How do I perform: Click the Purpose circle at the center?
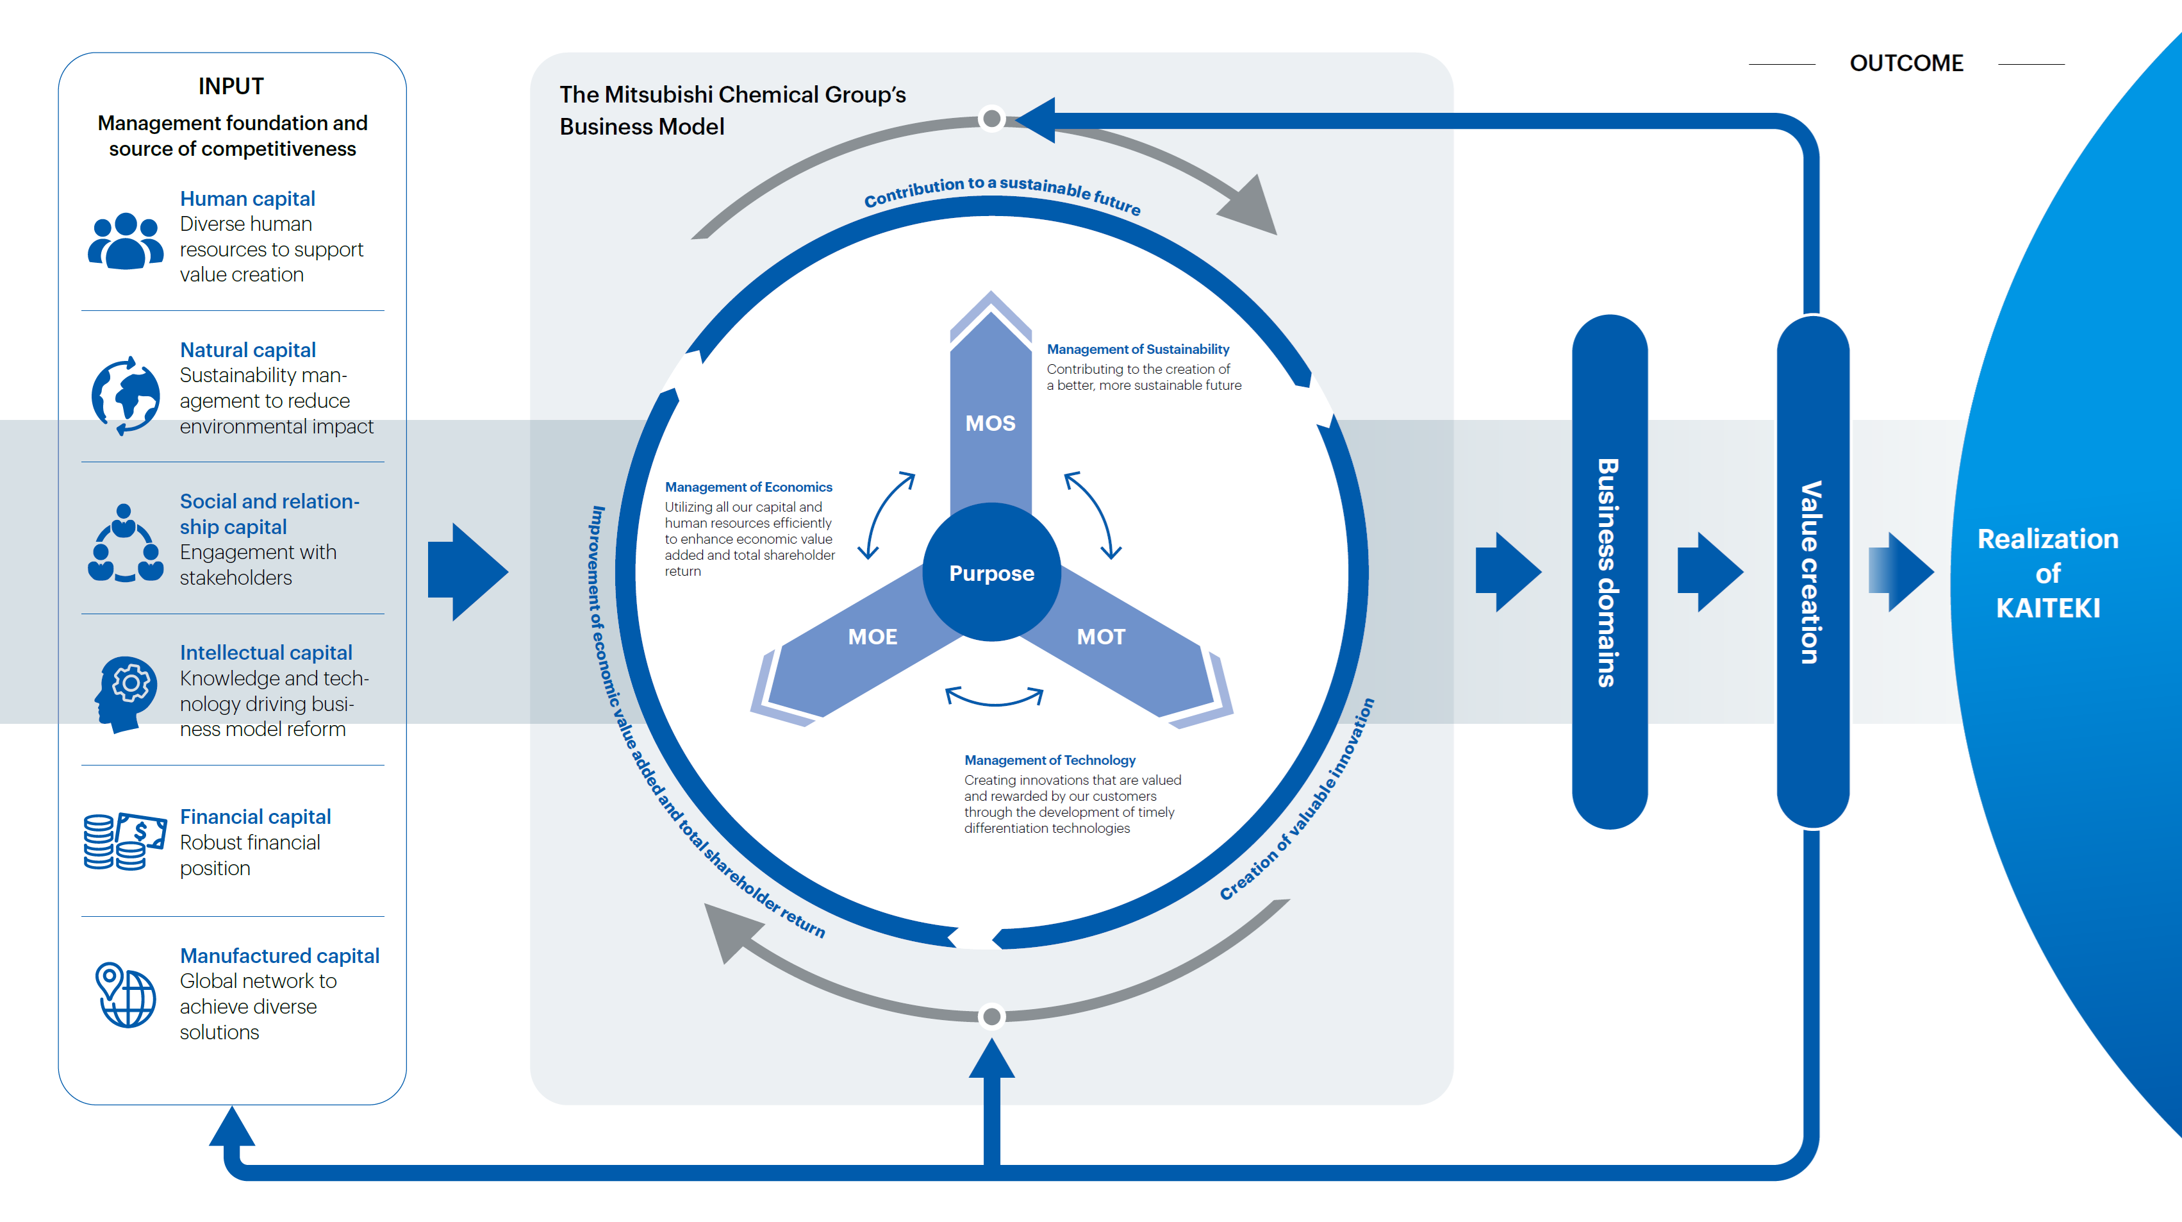click(991, 573)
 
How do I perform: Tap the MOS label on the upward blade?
click(990, 423)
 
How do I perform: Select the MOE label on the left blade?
click(872, 637)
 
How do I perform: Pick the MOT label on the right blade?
click(1100, 637)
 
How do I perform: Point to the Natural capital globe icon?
click(126, 396)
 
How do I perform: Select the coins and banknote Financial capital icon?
click(124, 842)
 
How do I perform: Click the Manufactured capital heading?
click(279, 956)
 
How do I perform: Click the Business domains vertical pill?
click(1608, 572)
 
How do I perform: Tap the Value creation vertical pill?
click(1812, 572)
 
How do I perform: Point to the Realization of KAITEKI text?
click(2047, 573)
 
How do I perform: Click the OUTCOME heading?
click(1906, 63)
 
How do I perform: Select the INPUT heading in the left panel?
click(231, 87)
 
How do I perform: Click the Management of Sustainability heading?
click(1137, 349)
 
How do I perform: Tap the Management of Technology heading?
click(1050, 760)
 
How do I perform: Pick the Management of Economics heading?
click(748, 487)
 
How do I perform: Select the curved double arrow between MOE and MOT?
click(993, 698)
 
